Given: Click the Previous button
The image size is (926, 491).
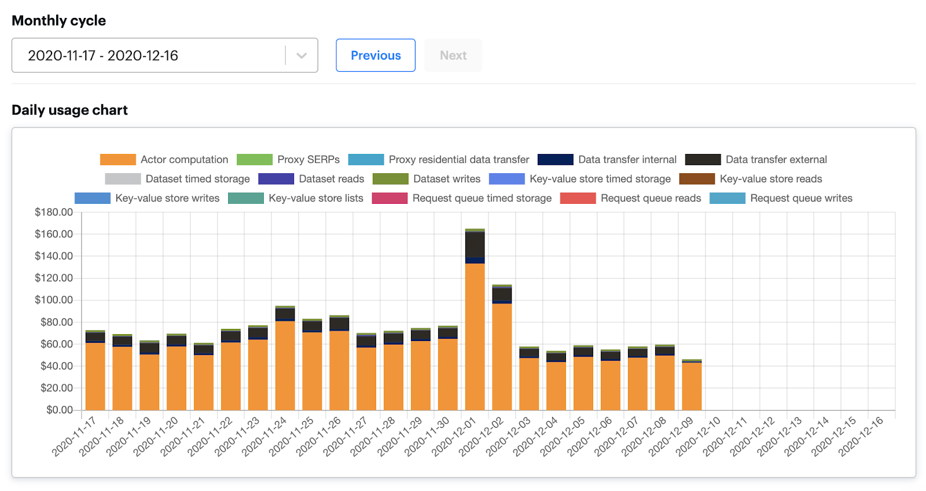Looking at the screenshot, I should [376, 56].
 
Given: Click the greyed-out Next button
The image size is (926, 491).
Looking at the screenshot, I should [453, 56].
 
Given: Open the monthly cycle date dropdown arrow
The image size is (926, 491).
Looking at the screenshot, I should [302, 56].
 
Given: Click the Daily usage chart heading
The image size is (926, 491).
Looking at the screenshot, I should [69, 110].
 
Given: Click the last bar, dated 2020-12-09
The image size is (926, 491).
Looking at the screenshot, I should [692, 386].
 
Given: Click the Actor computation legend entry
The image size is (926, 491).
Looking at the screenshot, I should [164, 160].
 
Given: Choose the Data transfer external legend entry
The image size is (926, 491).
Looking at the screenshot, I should [756, 160].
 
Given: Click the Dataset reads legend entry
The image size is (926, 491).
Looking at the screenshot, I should [311, 179].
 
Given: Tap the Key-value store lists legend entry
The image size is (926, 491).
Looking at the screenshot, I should [296, 198].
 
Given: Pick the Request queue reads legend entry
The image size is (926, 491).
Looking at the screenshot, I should [631, 198].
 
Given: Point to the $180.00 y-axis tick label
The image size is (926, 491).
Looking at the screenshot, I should [54, 212].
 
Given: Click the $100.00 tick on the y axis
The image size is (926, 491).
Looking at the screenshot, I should [54, 300].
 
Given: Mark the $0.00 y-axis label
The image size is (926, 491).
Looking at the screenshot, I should [60, 410].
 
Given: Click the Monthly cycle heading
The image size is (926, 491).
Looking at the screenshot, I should [58, 21].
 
